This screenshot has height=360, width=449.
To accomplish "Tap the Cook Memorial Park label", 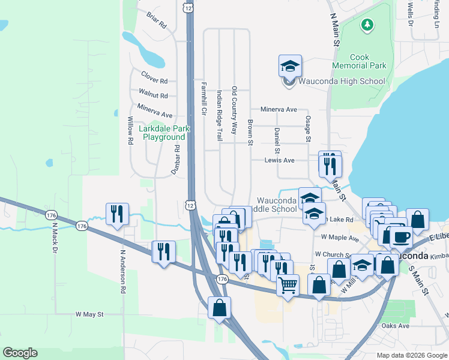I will pos(360,61).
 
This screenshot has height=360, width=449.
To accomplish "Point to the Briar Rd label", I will pos(156,20).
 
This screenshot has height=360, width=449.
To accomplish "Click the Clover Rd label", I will pos(154,80).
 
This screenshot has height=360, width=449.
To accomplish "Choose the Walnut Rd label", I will pos(153,94).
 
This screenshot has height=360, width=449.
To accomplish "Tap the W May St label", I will pos(89,314).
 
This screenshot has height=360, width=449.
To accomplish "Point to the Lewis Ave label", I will pos(280,160).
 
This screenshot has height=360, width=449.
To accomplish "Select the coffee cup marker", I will pos(400,236).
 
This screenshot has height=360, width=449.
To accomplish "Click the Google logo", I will pos(20,353).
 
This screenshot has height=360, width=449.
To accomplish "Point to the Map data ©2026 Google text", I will pos(411,355).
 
